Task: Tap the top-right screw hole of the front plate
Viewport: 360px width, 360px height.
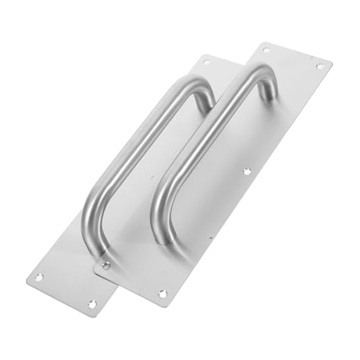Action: tap(318, 66)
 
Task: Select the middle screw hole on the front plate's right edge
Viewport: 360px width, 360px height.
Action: tap(246, 173)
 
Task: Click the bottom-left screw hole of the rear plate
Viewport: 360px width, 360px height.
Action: tap(40, 277)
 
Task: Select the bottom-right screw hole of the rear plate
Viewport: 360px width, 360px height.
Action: tap(91, 304)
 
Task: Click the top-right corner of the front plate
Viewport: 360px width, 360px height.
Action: tap(332, 60)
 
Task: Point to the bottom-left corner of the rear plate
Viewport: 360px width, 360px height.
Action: tap(27, 276)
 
